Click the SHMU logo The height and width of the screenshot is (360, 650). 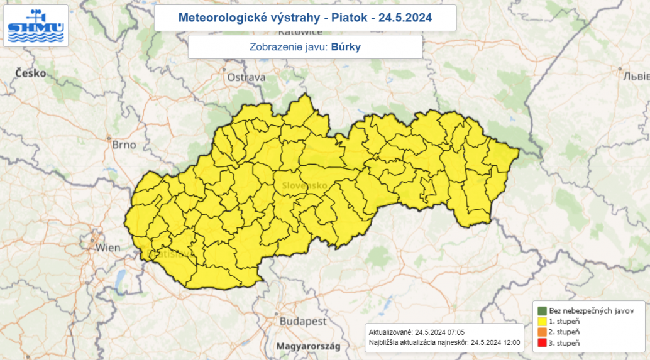tap(36, 26)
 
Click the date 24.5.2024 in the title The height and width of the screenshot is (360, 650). tap(405, 17)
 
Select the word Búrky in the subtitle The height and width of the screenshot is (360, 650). tap(346, 46)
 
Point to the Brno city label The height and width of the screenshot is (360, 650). tap(124, 145)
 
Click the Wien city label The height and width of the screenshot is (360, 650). tap(107, 248)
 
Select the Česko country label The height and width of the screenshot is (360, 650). tap(30, 73)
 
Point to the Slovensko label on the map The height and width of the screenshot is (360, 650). tap(304, 185)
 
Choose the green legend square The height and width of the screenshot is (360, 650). tap(542, 310)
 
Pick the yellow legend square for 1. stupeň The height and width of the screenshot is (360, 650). tap(542, 321)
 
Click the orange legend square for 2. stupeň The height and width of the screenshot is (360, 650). tap(542, 332)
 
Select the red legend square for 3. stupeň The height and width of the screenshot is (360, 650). tap(542, 342)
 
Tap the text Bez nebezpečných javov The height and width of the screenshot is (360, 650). tap(587, 310)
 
